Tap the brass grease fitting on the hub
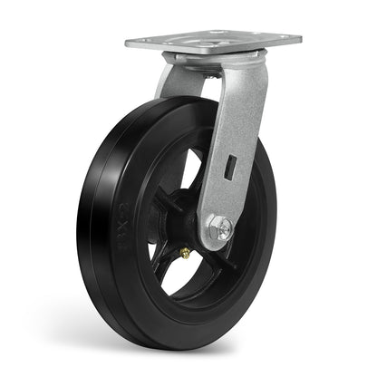click(184, 254)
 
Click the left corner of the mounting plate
click(130, 43)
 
